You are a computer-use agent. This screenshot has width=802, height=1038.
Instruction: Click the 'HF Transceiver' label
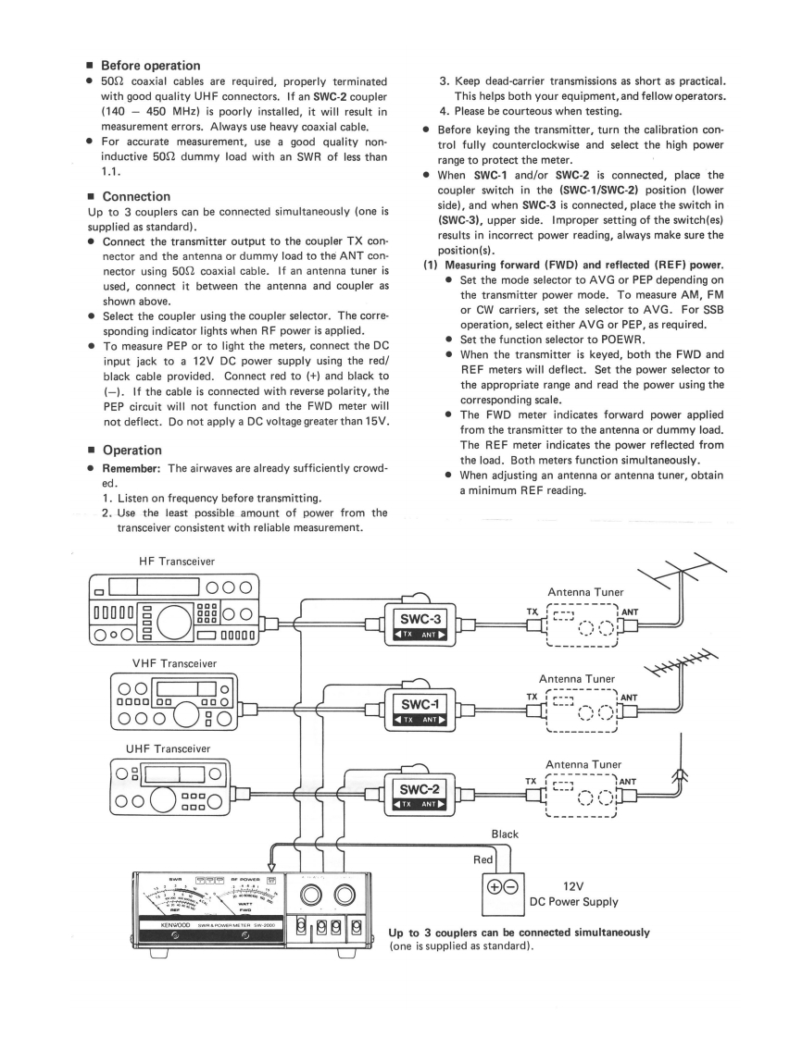[x=175, y=562]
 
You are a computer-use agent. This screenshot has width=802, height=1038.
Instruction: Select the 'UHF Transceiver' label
[x=169, y=748]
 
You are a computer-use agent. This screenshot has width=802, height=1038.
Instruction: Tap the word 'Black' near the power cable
[x=506, y=834]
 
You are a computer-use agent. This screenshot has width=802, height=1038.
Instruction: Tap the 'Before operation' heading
[x=150, y=66]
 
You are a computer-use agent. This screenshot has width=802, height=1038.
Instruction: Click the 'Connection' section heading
[x=135, y=196]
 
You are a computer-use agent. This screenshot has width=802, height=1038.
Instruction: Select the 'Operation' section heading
[x=132, y=450]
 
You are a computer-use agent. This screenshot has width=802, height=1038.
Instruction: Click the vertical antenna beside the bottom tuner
[x=682, y=768]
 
